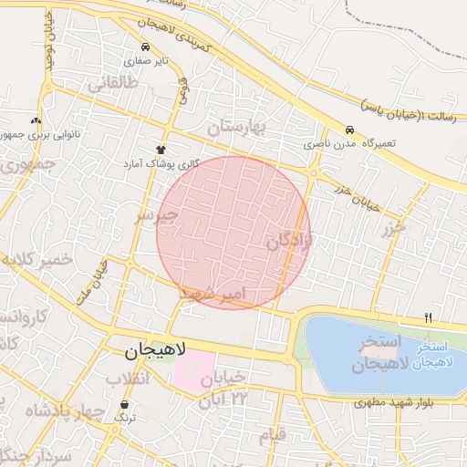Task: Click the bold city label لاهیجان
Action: tap(155, 350)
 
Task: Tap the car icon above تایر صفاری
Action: tap(145, 46)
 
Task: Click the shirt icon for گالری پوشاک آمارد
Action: tap(161, 149)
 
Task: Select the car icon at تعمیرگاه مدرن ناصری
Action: tap(349, 130)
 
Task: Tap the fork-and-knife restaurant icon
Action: tap(428, 317)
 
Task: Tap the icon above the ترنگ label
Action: tap(124, 402)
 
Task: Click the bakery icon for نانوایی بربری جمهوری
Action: tap(36, 120)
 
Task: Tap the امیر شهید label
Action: tap(212, 294)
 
